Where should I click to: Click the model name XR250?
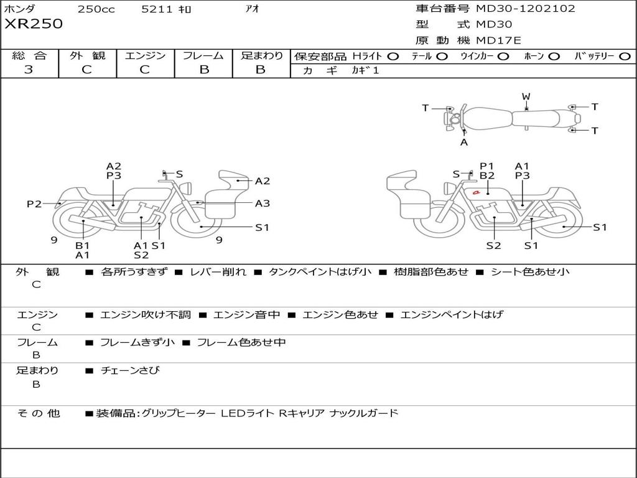tap(34, 24)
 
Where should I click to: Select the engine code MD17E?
tap(499, 40)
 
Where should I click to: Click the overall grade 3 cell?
tap(29, 70)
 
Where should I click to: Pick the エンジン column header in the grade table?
tap(145, 56)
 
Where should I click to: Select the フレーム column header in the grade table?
tap(203, 56)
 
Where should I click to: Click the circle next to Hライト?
tap(393, 57)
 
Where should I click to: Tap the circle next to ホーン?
tap(554, 57)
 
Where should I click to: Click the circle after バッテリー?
tap(625, 57)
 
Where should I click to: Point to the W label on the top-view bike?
tap(526, 96)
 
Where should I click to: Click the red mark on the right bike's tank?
tap(476, 192)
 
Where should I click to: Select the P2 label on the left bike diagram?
tap(34, 204)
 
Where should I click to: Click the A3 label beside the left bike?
tap(263, 203)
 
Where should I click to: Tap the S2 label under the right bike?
tap(493, 245)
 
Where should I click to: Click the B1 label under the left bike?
tap(83, 245)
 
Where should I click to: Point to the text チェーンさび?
tap(130, 370)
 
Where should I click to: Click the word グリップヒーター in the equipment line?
tap(179, 413)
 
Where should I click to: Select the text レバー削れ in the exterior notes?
tap(218, 272)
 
